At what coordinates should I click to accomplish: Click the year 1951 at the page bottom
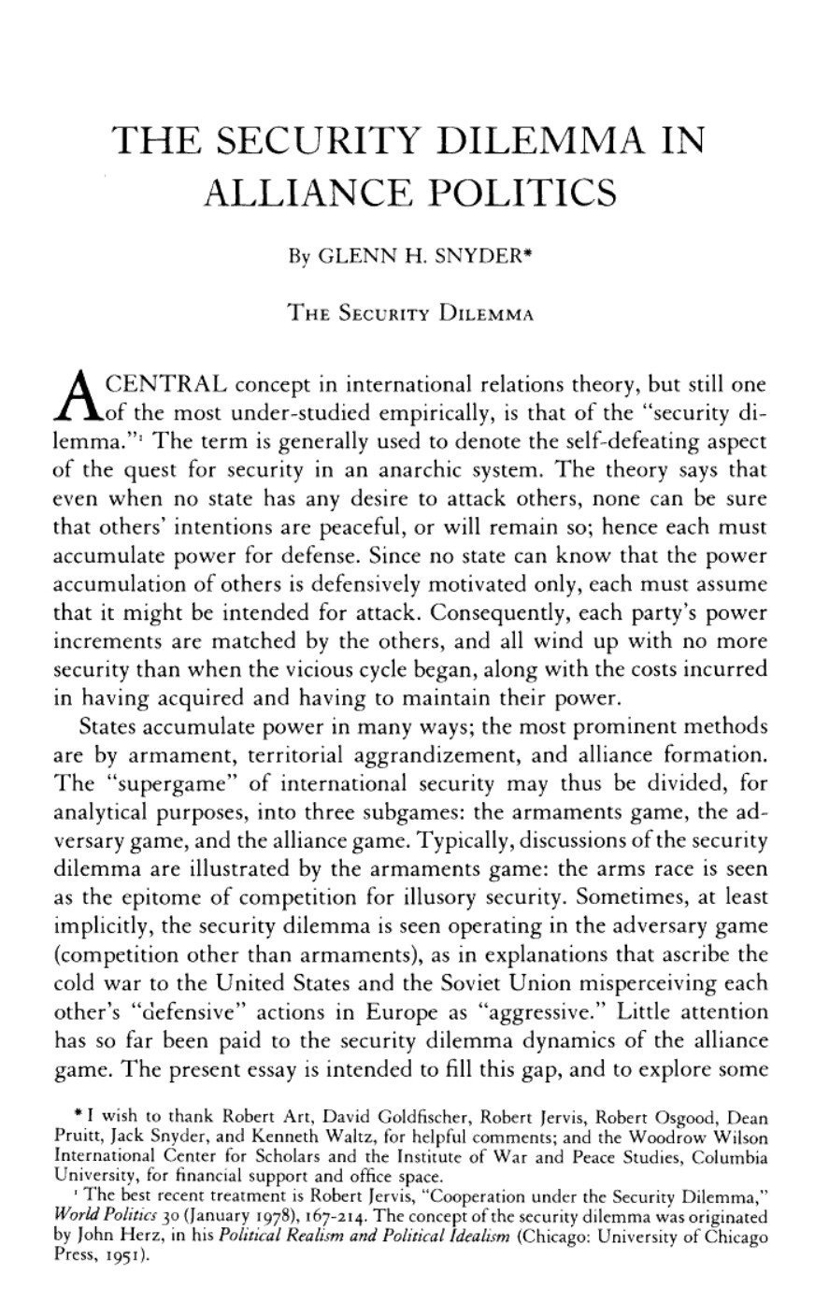click(116, 1257)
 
